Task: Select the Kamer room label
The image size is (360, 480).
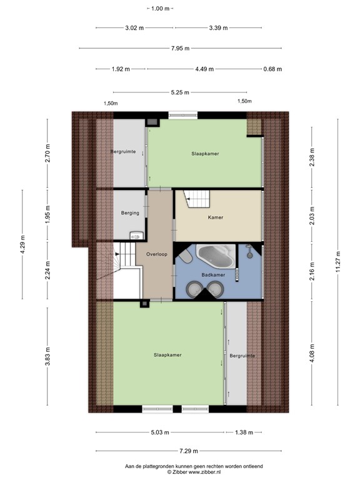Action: [216, 217]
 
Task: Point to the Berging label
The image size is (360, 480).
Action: [130, 213]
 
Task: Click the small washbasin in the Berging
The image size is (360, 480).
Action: [136, 236]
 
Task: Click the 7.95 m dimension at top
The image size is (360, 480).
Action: [181, 49]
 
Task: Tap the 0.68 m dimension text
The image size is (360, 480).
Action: [272, 69]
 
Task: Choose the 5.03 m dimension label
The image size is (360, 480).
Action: [159, 432]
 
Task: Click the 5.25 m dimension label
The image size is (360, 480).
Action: [181, 92]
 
